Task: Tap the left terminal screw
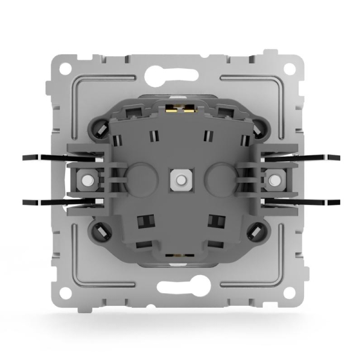click(86, 179)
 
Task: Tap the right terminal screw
click(275, 179)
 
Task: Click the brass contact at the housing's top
click(180, 110)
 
